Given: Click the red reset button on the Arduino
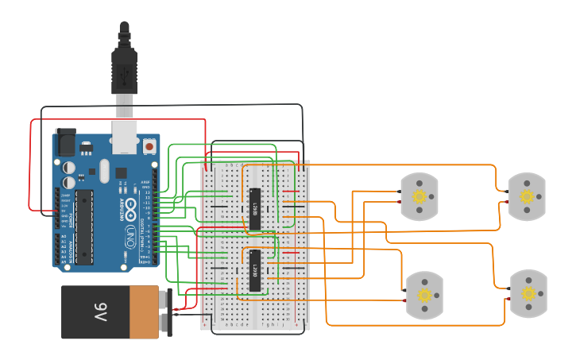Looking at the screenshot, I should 149,147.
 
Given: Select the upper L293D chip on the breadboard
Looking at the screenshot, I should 254,209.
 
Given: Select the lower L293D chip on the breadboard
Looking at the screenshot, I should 254,271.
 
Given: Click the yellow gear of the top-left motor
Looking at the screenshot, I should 419,196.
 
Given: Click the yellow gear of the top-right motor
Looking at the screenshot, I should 527,195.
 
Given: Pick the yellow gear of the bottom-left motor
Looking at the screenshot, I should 424,295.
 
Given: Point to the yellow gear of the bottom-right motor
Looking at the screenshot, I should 528,293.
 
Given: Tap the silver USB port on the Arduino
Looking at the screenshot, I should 124,135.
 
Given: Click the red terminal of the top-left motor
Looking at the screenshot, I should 400,201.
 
